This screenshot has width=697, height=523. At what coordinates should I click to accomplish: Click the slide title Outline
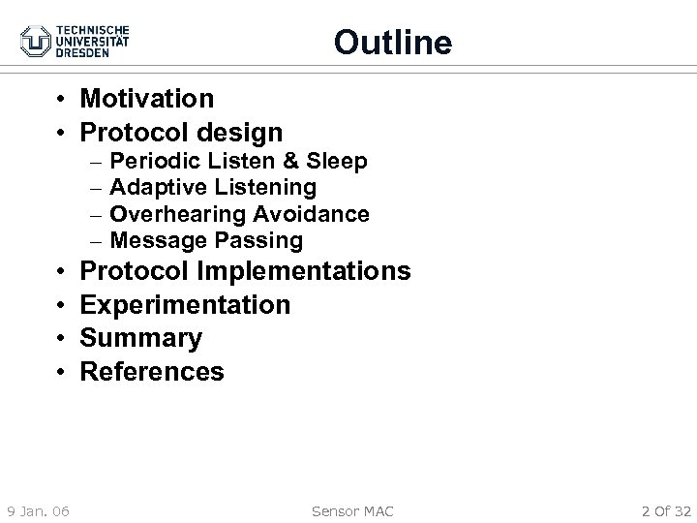392,43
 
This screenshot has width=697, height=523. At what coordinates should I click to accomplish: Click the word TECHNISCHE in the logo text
93,28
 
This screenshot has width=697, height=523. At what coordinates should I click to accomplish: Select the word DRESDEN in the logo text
87,53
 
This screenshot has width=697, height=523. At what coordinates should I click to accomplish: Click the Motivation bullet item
146,98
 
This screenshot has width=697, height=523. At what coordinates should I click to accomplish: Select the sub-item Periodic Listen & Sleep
238,161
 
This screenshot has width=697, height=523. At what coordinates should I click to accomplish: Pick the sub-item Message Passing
206,239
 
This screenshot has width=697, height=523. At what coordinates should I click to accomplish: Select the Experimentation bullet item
184,305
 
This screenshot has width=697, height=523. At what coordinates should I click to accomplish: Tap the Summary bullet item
140,338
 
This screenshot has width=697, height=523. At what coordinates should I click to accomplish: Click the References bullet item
151,371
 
